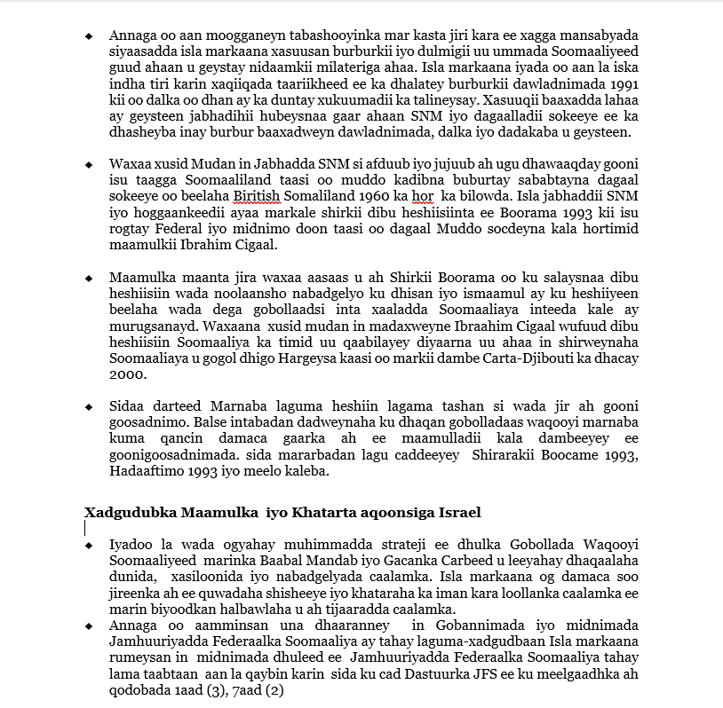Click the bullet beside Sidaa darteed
[89, 406]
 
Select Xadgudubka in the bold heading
[131, 512]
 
